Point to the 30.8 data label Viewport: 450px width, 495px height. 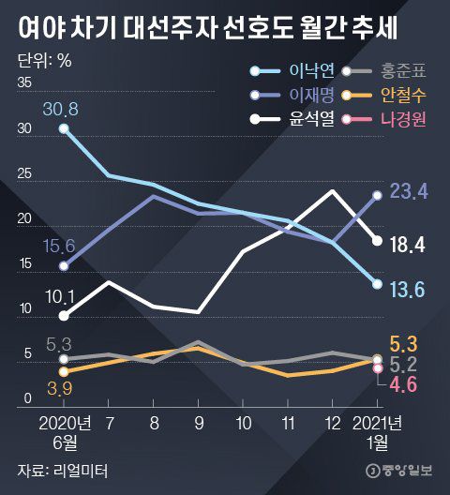60,109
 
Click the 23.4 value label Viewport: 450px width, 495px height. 409,191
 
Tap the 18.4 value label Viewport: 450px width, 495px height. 409,244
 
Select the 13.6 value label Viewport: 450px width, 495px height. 409,291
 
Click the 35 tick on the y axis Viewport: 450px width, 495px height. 24,83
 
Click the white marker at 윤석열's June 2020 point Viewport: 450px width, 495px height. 64,316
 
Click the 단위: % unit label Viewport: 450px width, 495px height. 45,62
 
